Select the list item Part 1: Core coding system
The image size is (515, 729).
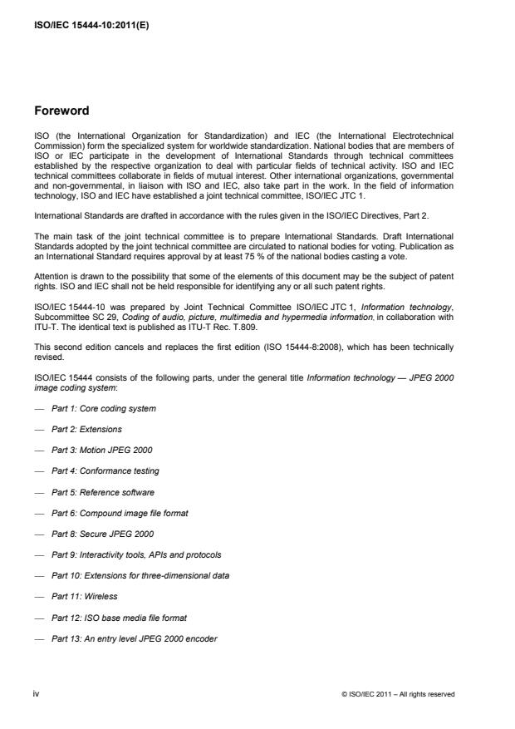(x=103, y=408)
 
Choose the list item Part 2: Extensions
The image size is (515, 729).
(x=86, y=429)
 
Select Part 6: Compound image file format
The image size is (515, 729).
(x=120, y=512)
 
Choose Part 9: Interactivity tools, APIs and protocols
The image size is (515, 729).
(x=136, y=554)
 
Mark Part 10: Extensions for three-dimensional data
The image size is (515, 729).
(x=140, y=575)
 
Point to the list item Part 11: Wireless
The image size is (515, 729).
(x=85, y=596)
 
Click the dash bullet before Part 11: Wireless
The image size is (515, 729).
(x=41, y=596)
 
